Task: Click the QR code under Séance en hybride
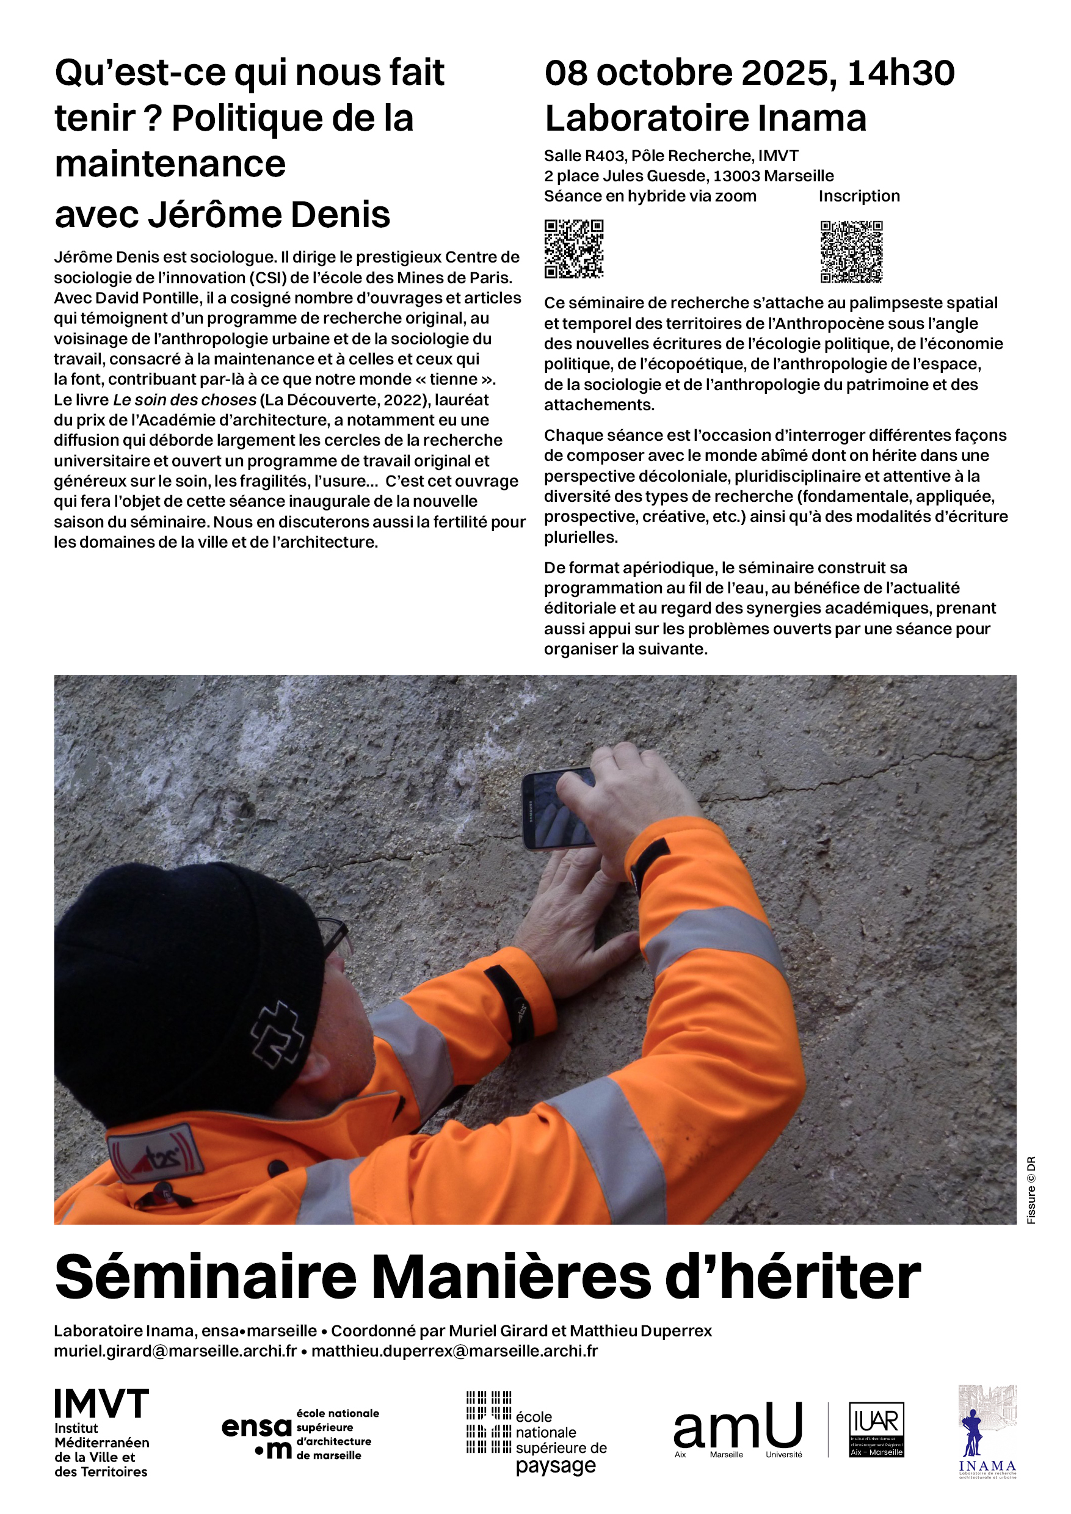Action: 574,248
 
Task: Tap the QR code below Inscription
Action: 851,252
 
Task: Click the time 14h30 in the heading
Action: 901,73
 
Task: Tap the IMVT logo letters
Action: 101,1405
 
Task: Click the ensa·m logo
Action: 257,1438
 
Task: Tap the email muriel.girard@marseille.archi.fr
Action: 175,1350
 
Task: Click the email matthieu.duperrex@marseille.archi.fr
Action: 454,1350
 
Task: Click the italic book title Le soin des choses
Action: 184,400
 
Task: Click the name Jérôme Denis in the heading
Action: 269,214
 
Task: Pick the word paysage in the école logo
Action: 555,1466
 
